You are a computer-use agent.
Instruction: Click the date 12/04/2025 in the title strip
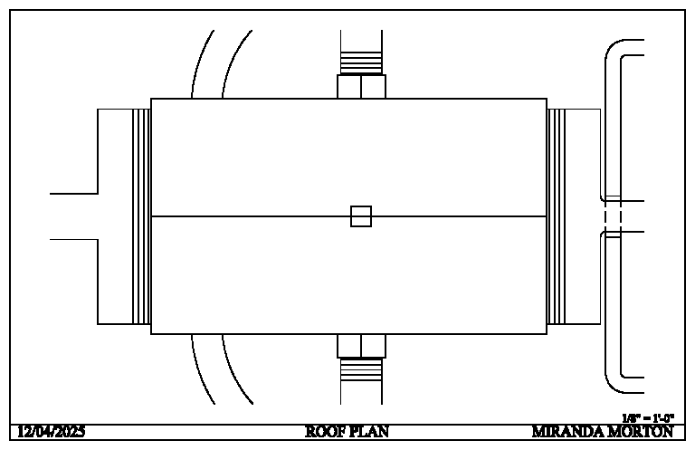point(52,432)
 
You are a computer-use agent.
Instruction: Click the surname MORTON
point(641,432)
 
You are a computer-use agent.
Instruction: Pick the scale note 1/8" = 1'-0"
point(648,418)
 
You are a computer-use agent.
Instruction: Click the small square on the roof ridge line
point(361,216)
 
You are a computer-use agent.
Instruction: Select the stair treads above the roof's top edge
point(361,62)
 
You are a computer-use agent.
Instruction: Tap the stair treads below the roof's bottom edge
point(361,370)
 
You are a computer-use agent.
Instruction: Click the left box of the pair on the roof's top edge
point(348,87)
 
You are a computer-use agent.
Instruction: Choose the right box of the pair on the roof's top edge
point(374,87)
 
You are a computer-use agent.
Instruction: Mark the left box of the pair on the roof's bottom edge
point(348,346)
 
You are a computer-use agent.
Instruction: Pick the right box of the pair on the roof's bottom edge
point(374,346)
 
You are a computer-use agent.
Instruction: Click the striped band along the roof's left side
point(141,216)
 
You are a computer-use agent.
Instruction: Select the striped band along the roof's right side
point(557,216)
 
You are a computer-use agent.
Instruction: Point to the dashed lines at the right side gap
point(613,216)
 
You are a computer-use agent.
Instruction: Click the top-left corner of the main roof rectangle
point(151,99)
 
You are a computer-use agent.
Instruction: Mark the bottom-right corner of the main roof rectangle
point(547,334)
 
